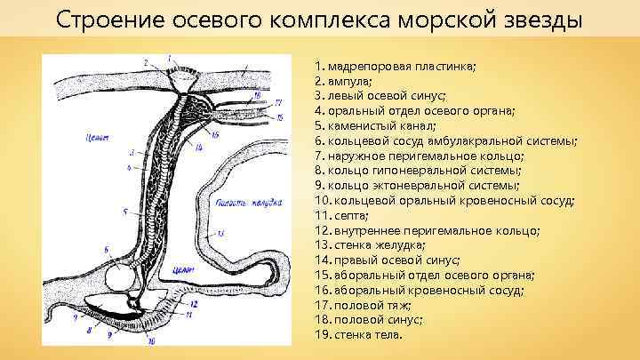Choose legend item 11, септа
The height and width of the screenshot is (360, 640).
coord(341,216)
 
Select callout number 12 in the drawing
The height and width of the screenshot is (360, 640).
coord(194,304)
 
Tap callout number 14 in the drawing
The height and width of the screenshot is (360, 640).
coord(199,147)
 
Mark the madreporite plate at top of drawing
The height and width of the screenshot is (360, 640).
coord(185,78)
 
